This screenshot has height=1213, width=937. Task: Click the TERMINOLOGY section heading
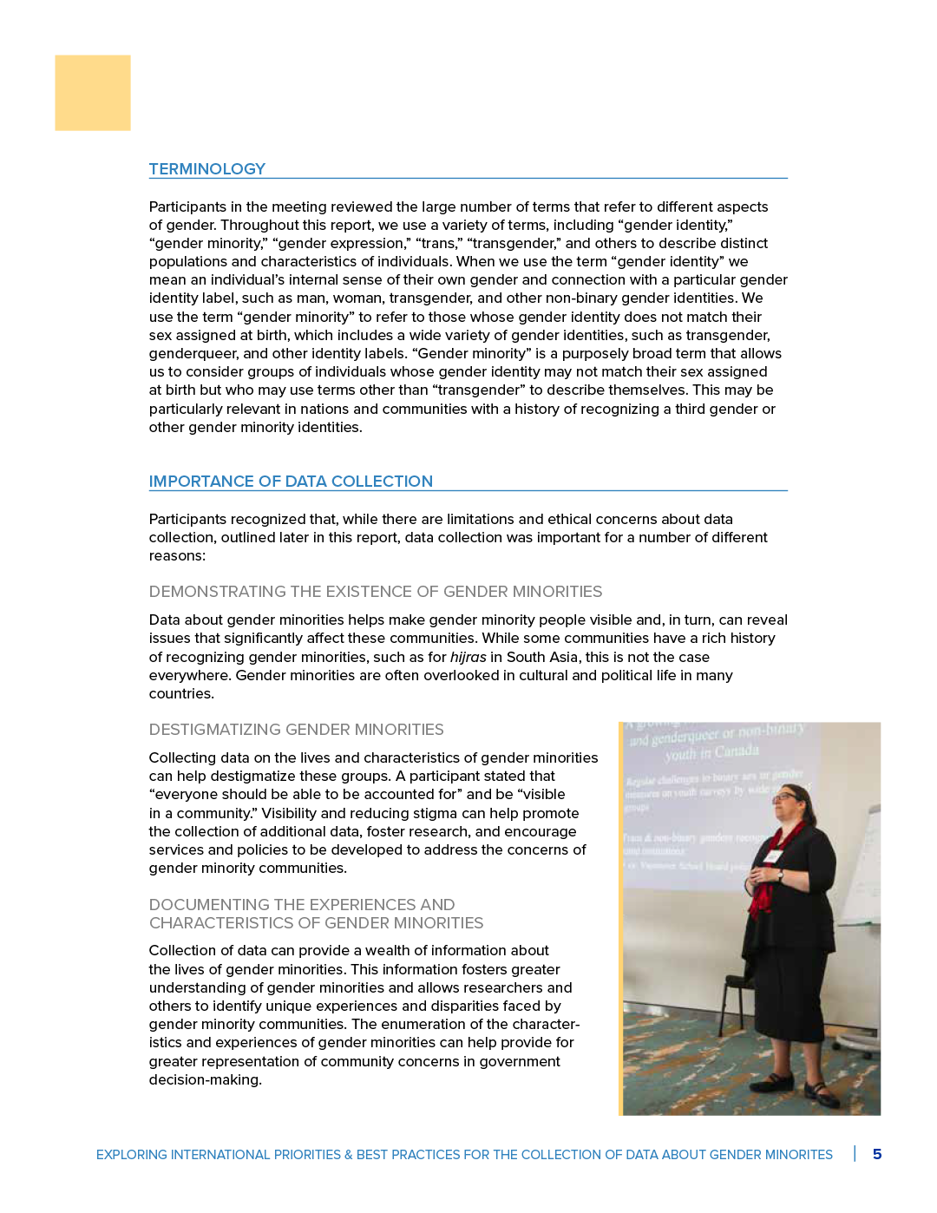[206, 169]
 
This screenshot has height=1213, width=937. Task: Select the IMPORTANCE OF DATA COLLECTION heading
[291, 482]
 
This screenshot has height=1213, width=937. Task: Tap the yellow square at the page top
[93, 93]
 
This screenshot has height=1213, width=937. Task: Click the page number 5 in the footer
[877, 1154]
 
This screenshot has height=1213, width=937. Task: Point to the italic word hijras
[468, 657]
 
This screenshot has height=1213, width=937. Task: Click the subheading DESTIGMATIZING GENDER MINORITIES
[296, 730]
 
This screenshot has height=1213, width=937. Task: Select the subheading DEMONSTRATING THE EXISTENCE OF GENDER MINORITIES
[375, 592]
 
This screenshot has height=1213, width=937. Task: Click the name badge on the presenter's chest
[771, 856]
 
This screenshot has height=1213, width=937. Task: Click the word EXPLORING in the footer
[131, 1155]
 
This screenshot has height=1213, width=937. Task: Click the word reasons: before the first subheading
[177, 556]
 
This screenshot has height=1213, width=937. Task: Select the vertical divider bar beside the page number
[855, 1154]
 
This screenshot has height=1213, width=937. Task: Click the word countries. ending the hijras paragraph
[181, 694]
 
